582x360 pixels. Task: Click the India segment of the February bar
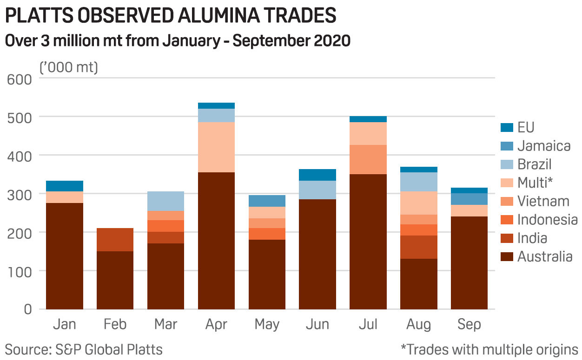point(115,240)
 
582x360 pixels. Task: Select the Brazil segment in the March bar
point(165,201)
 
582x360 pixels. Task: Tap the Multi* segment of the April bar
point(216,147)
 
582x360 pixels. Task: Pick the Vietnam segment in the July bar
point(368,159)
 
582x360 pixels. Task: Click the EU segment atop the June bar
point(317,175)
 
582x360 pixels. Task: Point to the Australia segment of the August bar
point(419,283)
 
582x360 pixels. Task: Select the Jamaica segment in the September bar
point(469,199)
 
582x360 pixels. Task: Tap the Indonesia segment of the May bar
point(267,234)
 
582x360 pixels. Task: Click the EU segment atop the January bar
point(65,186)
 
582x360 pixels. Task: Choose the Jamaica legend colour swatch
point(507,145)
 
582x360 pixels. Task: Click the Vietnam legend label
point(543,201)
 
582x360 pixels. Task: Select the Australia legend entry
point(545,256)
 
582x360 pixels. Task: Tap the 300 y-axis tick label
point(20,194)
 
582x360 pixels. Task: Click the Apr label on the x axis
point(216,324)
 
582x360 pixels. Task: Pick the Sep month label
point(469,324)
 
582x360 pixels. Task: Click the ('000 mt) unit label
point(69,67)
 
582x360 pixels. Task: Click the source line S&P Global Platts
point(84,349)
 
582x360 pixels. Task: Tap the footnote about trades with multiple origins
point(489,349)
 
